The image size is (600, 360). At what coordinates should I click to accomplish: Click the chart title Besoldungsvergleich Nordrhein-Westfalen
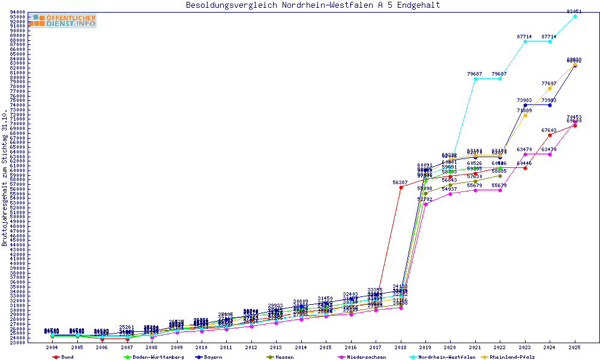tap(313, 5)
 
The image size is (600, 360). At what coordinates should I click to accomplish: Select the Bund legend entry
tap(64, 357)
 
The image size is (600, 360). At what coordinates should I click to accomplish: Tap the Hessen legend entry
tap(280, 357)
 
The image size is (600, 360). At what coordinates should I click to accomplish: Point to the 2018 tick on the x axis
tap(400, 347)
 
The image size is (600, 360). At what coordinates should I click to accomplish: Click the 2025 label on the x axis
tap(575, 347)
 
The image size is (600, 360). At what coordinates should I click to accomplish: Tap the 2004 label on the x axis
tap(52, 347)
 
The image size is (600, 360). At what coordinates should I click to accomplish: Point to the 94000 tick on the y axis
tap(17, 12)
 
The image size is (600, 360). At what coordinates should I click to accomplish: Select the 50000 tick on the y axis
tap(17, 217)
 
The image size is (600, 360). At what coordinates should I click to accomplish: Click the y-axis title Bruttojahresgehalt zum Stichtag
tap(5, 177)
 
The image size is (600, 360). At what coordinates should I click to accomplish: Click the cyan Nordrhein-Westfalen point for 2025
tap(575, 16)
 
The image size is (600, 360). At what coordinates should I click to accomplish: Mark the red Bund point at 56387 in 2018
tap(400, 187)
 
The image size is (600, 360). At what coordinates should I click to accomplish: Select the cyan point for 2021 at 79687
tap(475, 79)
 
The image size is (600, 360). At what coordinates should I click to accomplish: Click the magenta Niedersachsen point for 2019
tap(425, 204)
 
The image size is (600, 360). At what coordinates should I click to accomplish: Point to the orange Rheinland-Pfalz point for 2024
tap(550, 88)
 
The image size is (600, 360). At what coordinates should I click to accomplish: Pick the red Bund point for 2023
tap(525, 168)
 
